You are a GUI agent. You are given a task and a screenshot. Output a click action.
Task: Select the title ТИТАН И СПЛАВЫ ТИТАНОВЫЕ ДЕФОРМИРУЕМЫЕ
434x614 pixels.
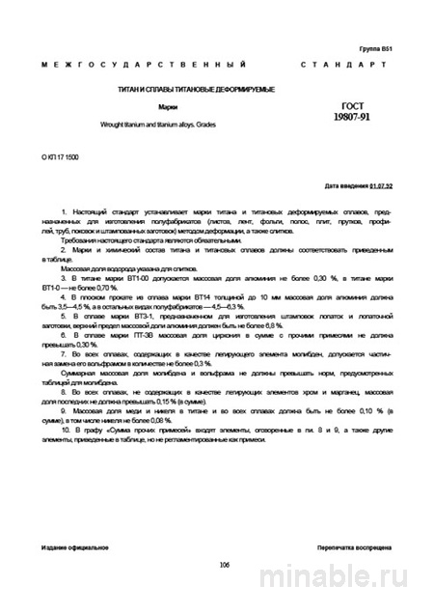point(183,90)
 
